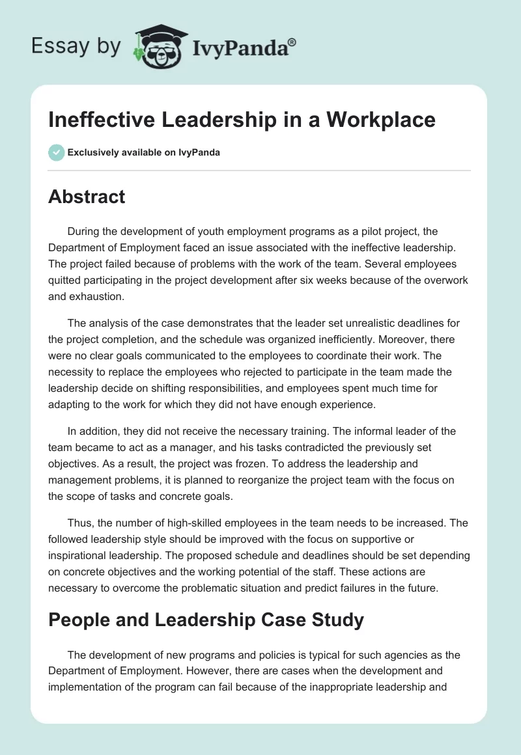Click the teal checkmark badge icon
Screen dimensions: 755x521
[56, 152]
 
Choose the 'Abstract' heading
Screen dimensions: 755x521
[87, 197]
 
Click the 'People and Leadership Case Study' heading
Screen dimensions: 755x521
[206, 620]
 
